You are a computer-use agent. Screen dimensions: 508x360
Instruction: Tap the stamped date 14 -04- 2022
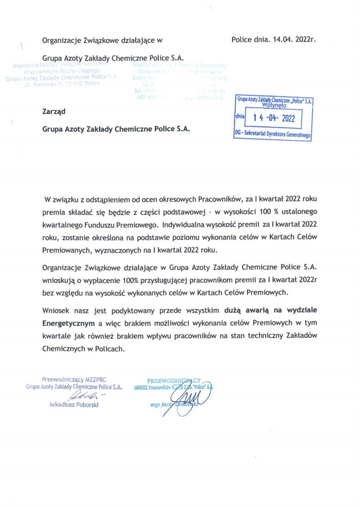click(273, 118)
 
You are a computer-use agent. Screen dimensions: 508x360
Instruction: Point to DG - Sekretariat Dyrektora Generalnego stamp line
click(273, 134)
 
